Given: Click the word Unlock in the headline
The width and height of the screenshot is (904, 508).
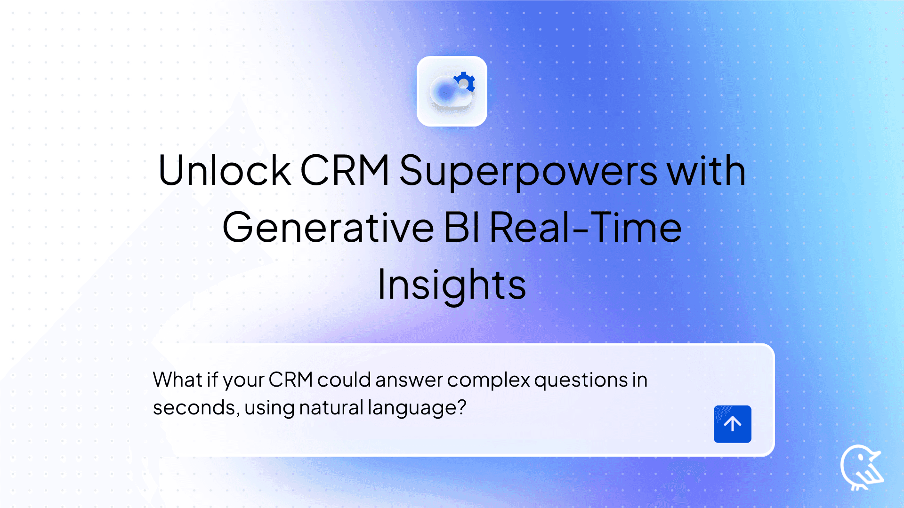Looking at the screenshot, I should pos(224,170).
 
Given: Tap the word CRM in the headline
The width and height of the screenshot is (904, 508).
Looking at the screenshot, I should pos(345,170).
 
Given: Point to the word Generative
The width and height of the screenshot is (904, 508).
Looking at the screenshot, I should pos(328,228).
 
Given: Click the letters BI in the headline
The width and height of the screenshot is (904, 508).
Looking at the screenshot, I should pos(461,228).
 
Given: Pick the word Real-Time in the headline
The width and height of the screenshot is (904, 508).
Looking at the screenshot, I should pos(586,228).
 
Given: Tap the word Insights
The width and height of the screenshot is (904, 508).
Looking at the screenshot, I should pos(452,286).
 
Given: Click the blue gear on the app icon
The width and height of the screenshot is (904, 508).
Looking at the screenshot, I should pos(464,82).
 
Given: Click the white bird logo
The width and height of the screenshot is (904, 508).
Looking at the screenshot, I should pos(861,467).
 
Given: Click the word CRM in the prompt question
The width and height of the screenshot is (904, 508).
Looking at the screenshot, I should pos(291,380).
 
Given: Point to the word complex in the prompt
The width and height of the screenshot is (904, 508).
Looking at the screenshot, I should pos(488,380).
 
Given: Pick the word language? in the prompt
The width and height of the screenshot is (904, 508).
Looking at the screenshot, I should pos(417,408).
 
